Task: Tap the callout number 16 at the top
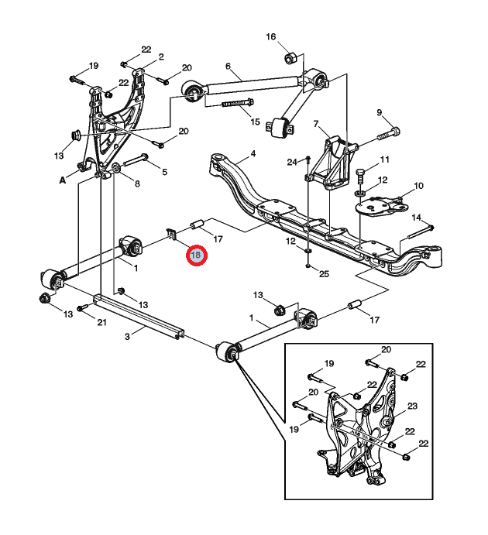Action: pos(271,37)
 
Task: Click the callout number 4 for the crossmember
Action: pos(253,154)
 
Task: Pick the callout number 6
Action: pos(228,66)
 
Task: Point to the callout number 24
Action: pos(291,162)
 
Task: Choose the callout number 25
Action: pos(324,274)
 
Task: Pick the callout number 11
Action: pos(384,159)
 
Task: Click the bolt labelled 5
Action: pos(133,160)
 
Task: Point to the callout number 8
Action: pos(136,183)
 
